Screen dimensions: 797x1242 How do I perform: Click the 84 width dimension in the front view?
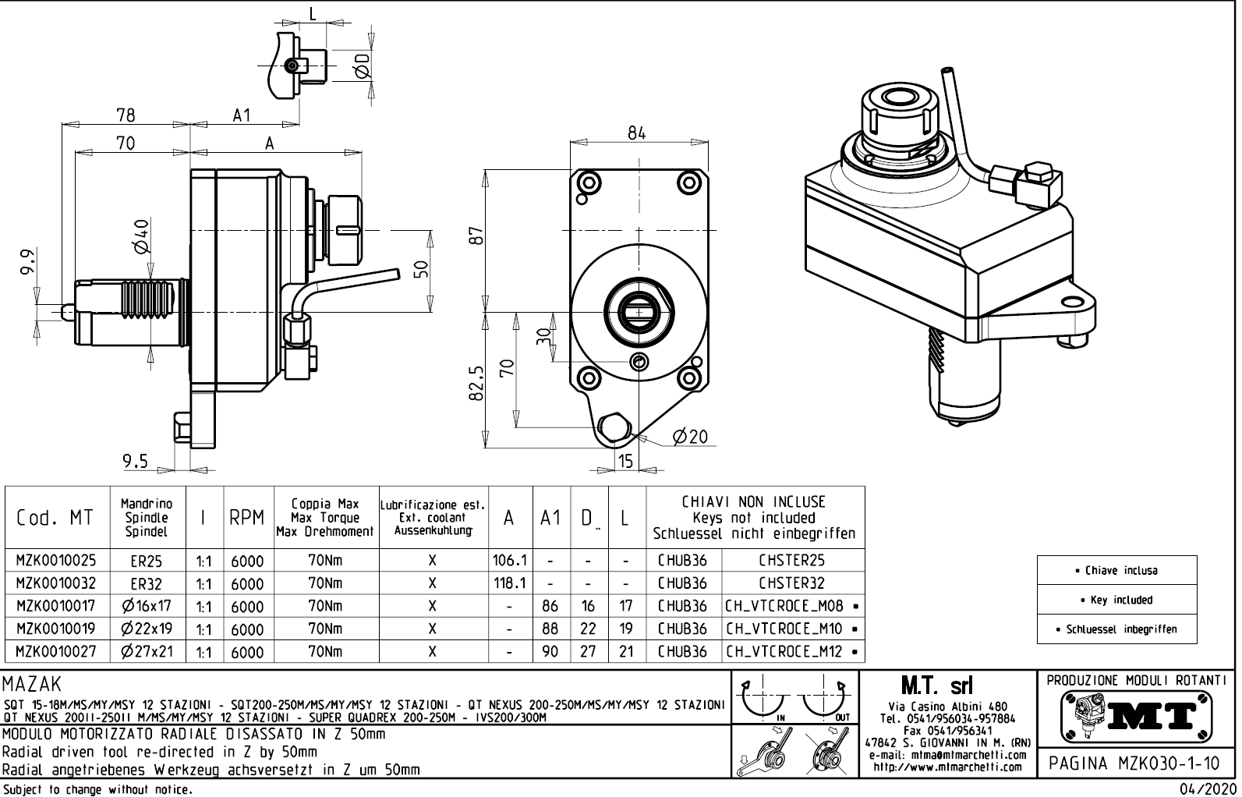pyautogui.click(x=636, y=133)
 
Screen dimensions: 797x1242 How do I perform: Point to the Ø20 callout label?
pyautogui.click(x=690, y=437)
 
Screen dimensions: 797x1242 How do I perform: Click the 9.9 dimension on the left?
pyautogui.click(x=28, y=262)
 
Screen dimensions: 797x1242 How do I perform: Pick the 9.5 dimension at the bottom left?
pyautogui.click(x=135, y=461)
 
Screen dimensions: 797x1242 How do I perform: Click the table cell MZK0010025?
pyautogui.click(x=56, y=561)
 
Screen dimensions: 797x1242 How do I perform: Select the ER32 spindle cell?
pyautogui.click(x=147, y=583)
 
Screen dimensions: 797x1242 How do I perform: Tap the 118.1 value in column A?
pyautogui.click(x=509, y=583)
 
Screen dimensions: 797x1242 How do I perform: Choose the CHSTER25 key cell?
pyautogui.click(x=791, y=561)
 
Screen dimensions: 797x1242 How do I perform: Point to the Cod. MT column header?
pyautogui.click(x=55, y=519)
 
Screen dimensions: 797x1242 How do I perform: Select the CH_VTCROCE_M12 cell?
pyautogui.click(x=784, y=651)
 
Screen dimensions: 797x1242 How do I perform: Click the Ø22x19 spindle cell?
pyautogui.click(x=147, y=629)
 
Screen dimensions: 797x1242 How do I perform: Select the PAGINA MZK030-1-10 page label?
pyautogui.click(x=1135, y=763)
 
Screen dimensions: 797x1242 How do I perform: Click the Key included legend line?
pyautogui.click(x=1116, y=600)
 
